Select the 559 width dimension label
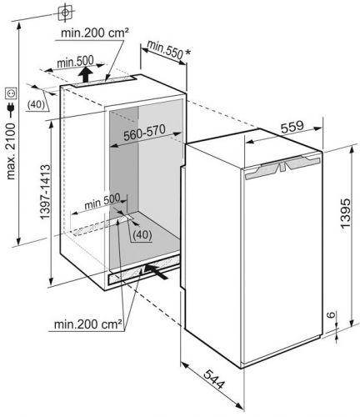pyautogui.click(x=292, y=127)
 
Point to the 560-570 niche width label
pyautogui.click(x=144, y=133)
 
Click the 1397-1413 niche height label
pyautogui.click(x=45, y=192)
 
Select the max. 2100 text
pyautogui.click(x=11, y=152)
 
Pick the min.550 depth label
pyautogui.click(x=165, y=49)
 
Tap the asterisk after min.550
pyautogui.click(x=188, y=53)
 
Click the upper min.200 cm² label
pyautogui.click(x=95, y=33)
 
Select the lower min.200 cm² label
pyautogui.click(x=88, y=324)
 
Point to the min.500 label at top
pyautogui.click(x=75, y=62)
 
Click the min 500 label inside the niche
pyautogui.click(x=102, y=201)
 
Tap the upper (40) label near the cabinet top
pyautogui.click(x=36, y=104)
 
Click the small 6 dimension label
pyautogui.click(x=331, y=314)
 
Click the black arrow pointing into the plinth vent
pyautogui.click(x=156, y=272)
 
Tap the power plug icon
pyautogui.click(x=11, y=109)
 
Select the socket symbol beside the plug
pyautogui.click(x=11, y=93)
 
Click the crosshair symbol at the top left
pyautogui.click(x=65, y=13)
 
